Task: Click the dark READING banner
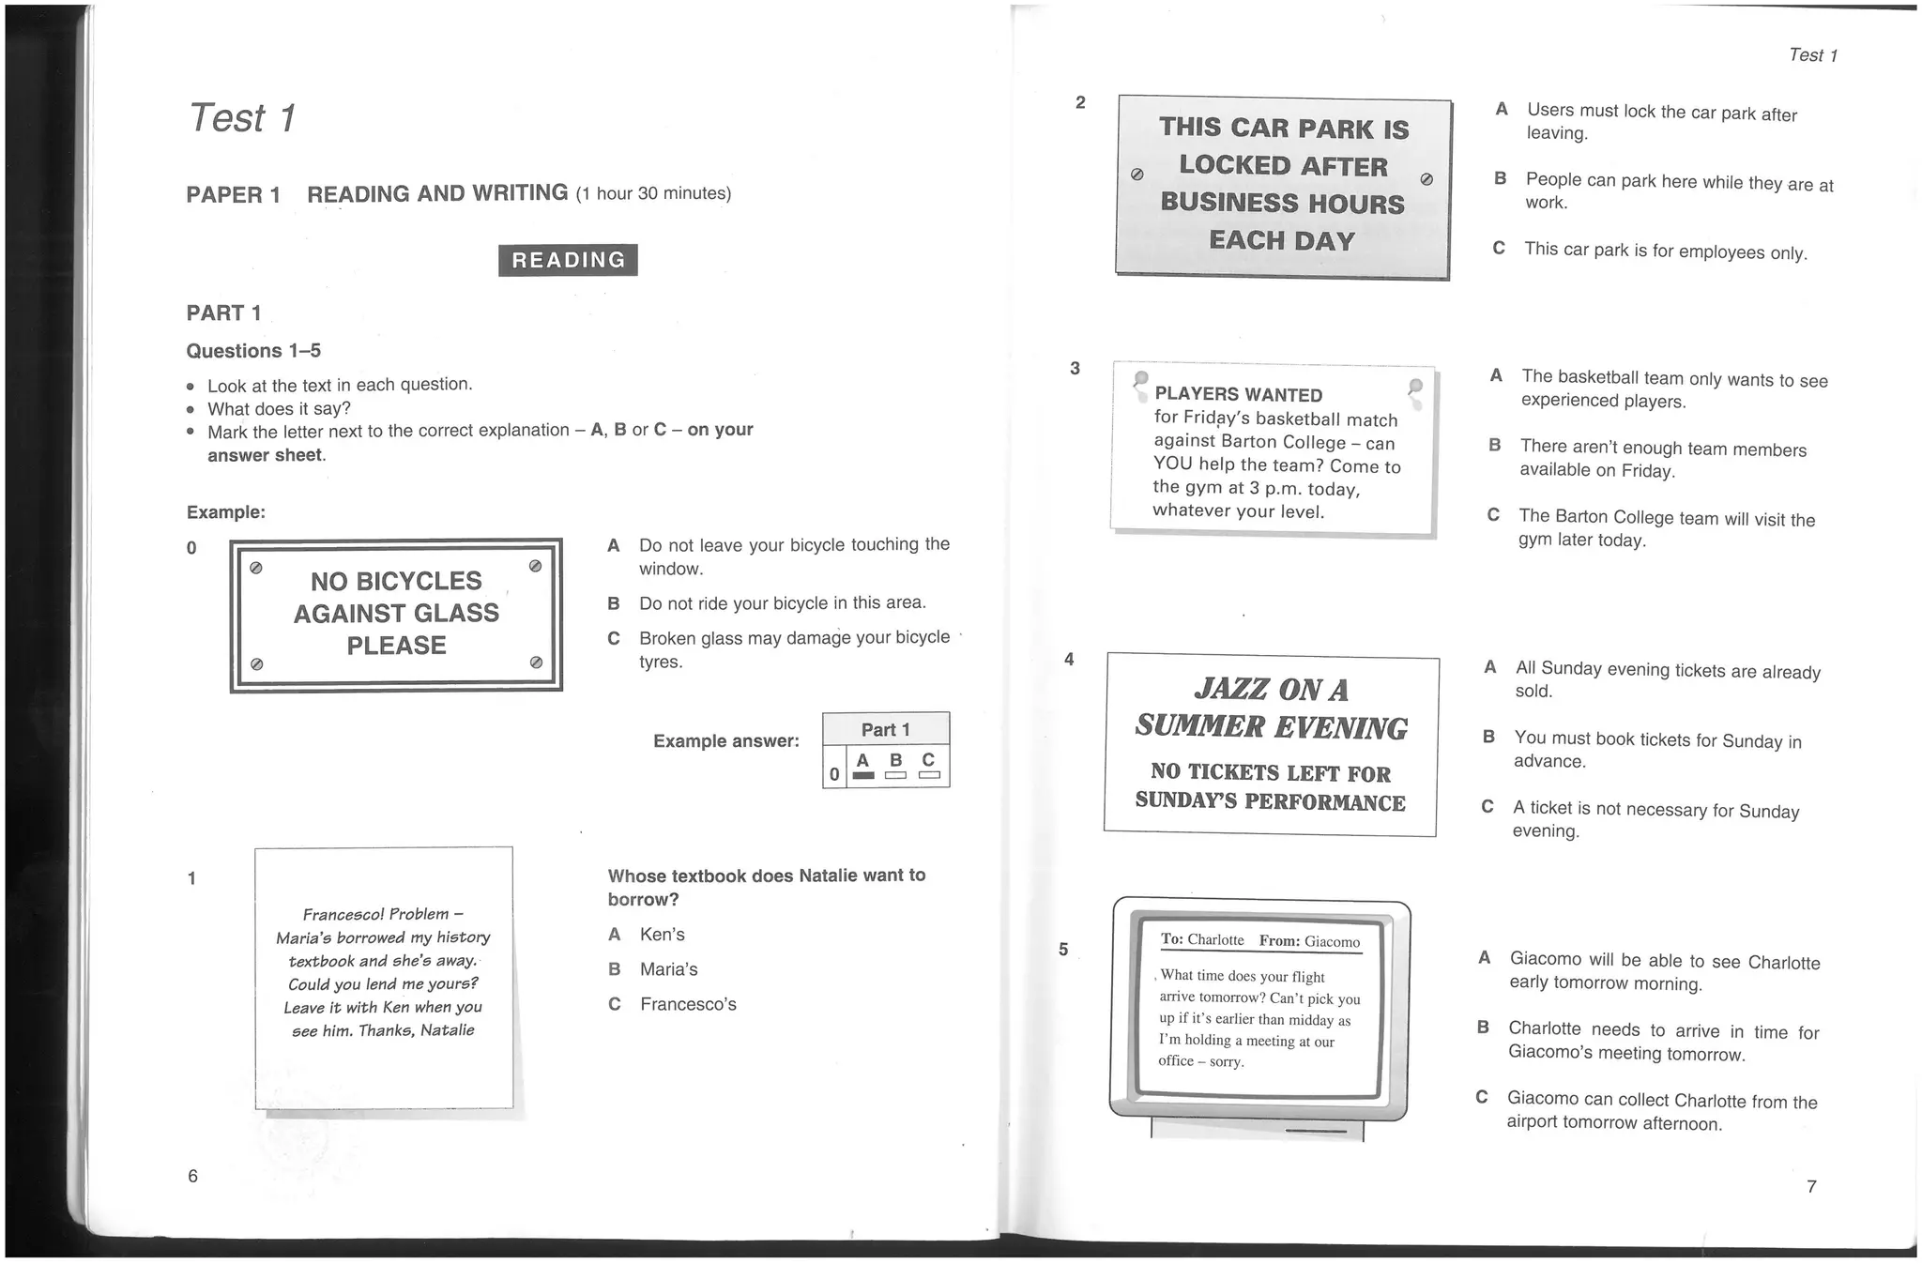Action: (568, 260)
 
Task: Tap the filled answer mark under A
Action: (863, 775)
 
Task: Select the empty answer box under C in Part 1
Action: (929, 775)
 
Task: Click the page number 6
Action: (193, 1176)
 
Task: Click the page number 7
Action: (1811, 1186)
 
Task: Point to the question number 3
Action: (1075, 368)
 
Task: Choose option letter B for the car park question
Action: (1501, 178)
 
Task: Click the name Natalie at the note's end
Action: (448, 1030)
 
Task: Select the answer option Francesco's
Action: (688, 1004)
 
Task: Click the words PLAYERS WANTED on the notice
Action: (1239, 395)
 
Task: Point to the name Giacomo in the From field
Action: (1332, 942)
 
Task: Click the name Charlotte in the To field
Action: (1215, 940)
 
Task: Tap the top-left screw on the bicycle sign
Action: (255, 567)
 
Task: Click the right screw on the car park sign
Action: (1426, 179)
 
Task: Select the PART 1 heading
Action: (223, 312)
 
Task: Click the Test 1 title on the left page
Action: (242, 118)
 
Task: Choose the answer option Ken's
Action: (662, 935)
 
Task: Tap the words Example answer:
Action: (726, 741)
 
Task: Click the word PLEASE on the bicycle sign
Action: (396, 646)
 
